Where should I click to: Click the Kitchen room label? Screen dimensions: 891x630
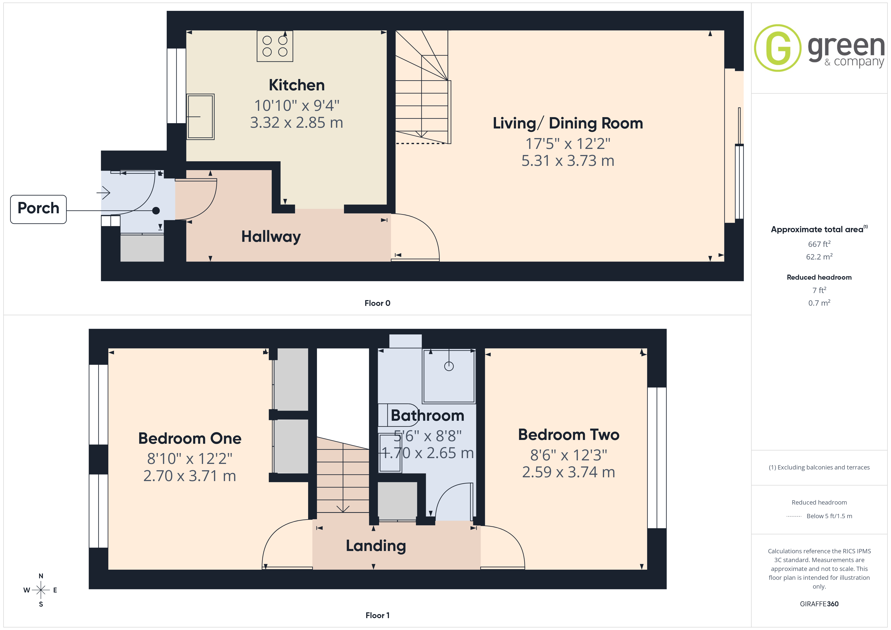click(296, 85)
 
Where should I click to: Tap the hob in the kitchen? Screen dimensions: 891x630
click(275, 46)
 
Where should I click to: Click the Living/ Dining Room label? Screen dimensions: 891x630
click(568, 123)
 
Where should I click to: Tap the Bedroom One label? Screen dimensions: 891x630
click(190, 438)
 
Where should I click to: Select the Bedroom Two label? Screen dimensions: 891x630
click(568, 435)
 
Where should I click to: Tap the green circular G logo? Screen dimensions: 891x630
click(777, 48)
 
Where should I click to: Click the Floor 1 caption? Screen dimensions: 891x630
click(377, 615)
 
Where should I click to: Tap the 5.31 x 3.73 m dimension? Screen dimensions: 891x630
click(568, 161)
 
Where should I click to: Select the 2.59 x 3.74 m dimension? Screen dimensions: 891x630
click(568, 472)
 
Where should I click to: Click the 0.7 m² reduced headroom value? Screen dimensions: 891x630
click(819, 303)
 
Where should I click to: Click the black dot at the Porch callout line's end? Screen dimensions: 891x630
click(156, 211)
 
